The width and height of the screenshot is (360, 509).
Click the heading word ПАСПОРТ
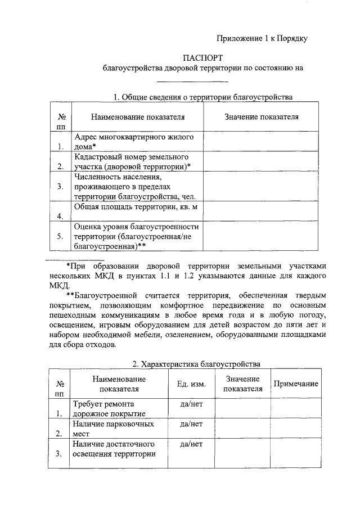(x=203, y=57)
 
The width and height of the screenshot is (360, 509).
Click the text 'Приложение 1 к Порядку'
(x=262, y=38)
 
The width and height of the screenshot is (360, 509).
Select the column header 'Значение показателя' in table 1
(x=261, y=117)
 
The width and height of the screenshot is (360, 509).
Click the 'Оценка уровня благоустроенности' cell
(x=137, y=236)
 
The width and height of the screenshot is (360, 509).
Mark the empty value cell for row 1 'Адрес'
(x=261, y=142)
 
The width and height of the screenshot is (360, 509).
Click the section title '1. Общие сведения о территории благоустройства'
(x=203, y=97)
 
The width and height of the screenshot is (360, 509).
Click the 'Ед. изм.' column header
(x=191, y=384)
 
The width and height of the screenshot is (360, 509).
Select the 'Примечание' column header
(x=296, y=384)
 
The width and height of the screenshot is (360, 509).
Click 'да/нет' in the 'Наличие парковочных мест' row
(x=191, y=424)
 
